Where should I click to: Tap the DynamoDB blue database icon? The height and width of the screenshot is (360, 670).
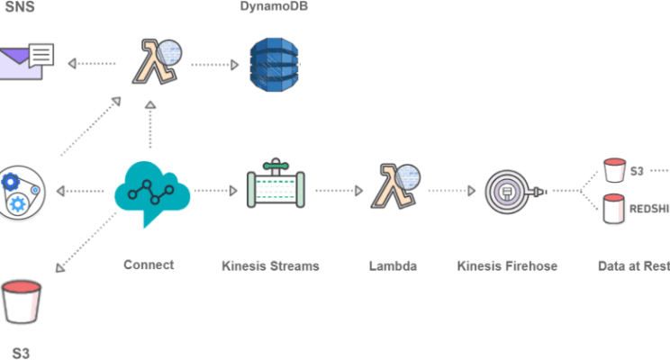tap(271, 64)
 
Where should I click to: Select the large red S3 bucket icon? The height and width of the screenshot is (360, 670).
tap(22, 301)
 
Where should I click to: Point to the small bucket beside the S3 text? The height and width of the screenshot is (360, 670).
tap(614, 169)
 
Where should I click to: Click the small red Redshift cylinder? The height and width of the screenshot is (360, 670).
tap(614, 209)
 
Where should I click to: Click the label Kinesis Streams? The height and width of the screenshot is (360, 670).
tap(271, 265)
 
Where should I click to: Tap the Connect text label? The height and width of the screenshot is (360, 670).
tap(149, 265)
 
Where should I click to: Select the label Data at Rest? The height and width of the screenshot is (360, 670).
tap(633, 265)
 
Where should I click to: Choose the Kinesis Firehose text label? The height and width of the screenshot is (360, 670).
tap(507, 265)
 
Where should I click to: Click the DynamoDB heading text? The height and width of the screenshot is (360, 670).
tap(271, 5)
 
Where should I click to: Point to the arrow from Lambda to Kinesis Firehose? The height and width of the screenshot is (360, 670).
tap(451, 191)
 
